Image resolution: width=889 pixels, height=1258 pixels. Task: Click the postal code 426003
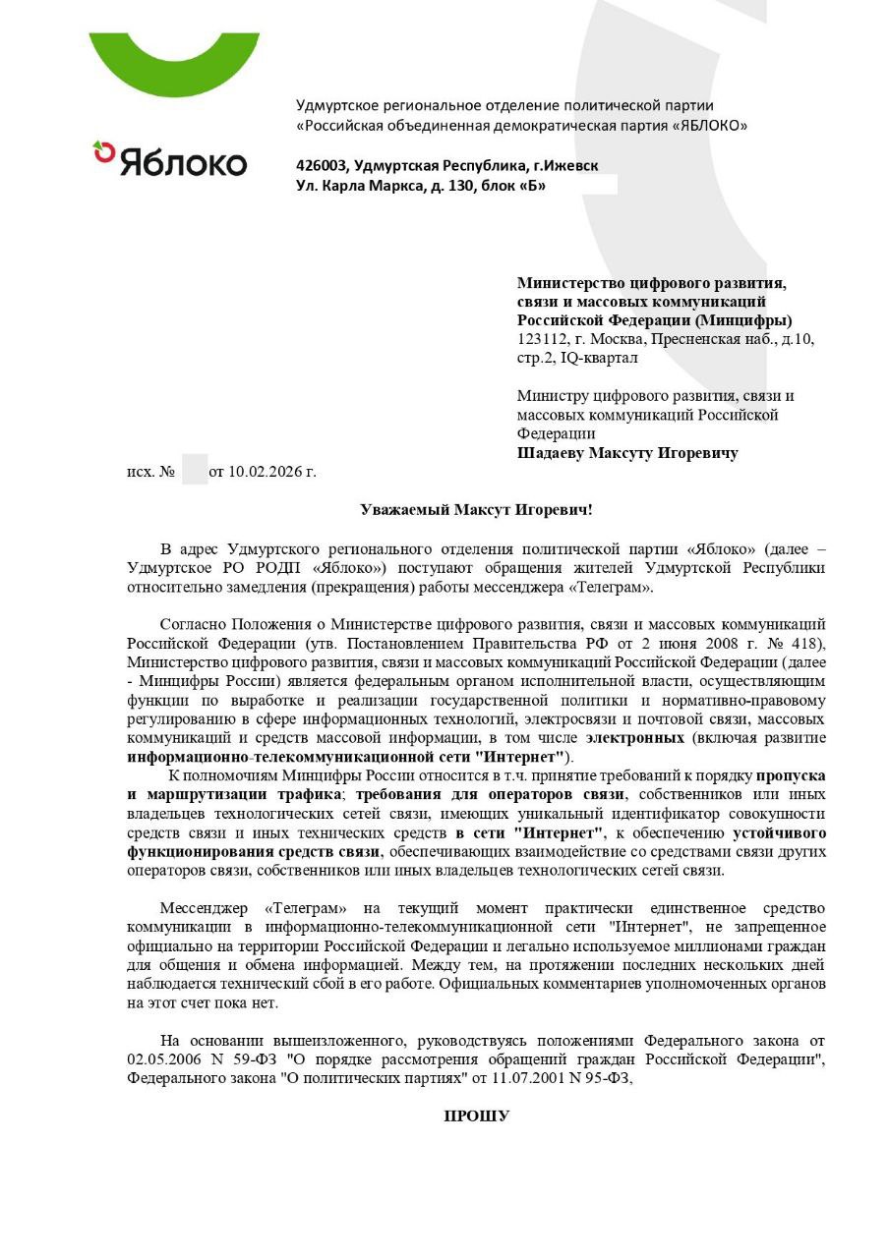321,165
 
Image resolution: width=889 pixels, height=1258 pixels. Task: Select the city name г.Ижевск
564,165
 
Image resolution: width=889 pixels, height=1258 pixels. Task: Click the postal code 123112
540,339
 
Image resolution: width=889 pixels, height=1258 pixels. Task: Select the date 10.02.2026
264,472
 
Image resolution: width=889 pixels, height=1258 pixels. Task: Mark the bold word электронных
634,737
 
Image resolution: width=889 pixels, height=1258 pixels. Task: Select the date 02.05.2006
162,1059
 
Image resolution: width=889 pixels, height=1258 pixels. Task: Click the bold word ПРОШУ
477,1115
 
